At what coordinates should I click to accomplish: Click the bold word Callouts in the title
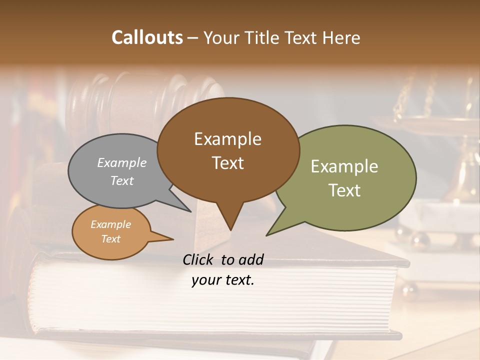point(147,37)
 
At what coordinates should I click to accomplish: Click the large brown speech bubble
point(228,150)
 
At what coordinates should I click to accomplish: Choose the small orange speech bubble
point(111,232)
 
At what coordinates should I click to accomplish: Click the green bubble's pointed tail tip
point(267,235)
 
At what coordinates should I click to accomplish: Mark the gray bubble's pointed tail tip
point(190,211)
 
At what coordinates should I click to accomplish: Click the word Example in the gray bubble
point(122,162)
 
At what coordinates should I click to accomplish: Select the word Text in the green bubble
point(344,190)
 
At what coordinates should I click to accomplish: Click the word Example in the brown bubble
point(227,139)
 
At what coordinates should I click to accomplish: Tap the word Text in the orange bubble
point(111,239)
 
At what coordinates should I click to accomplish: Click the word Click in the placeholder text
point(198,259)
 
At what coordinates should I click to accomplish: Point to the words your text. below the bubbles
point(223,280)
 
